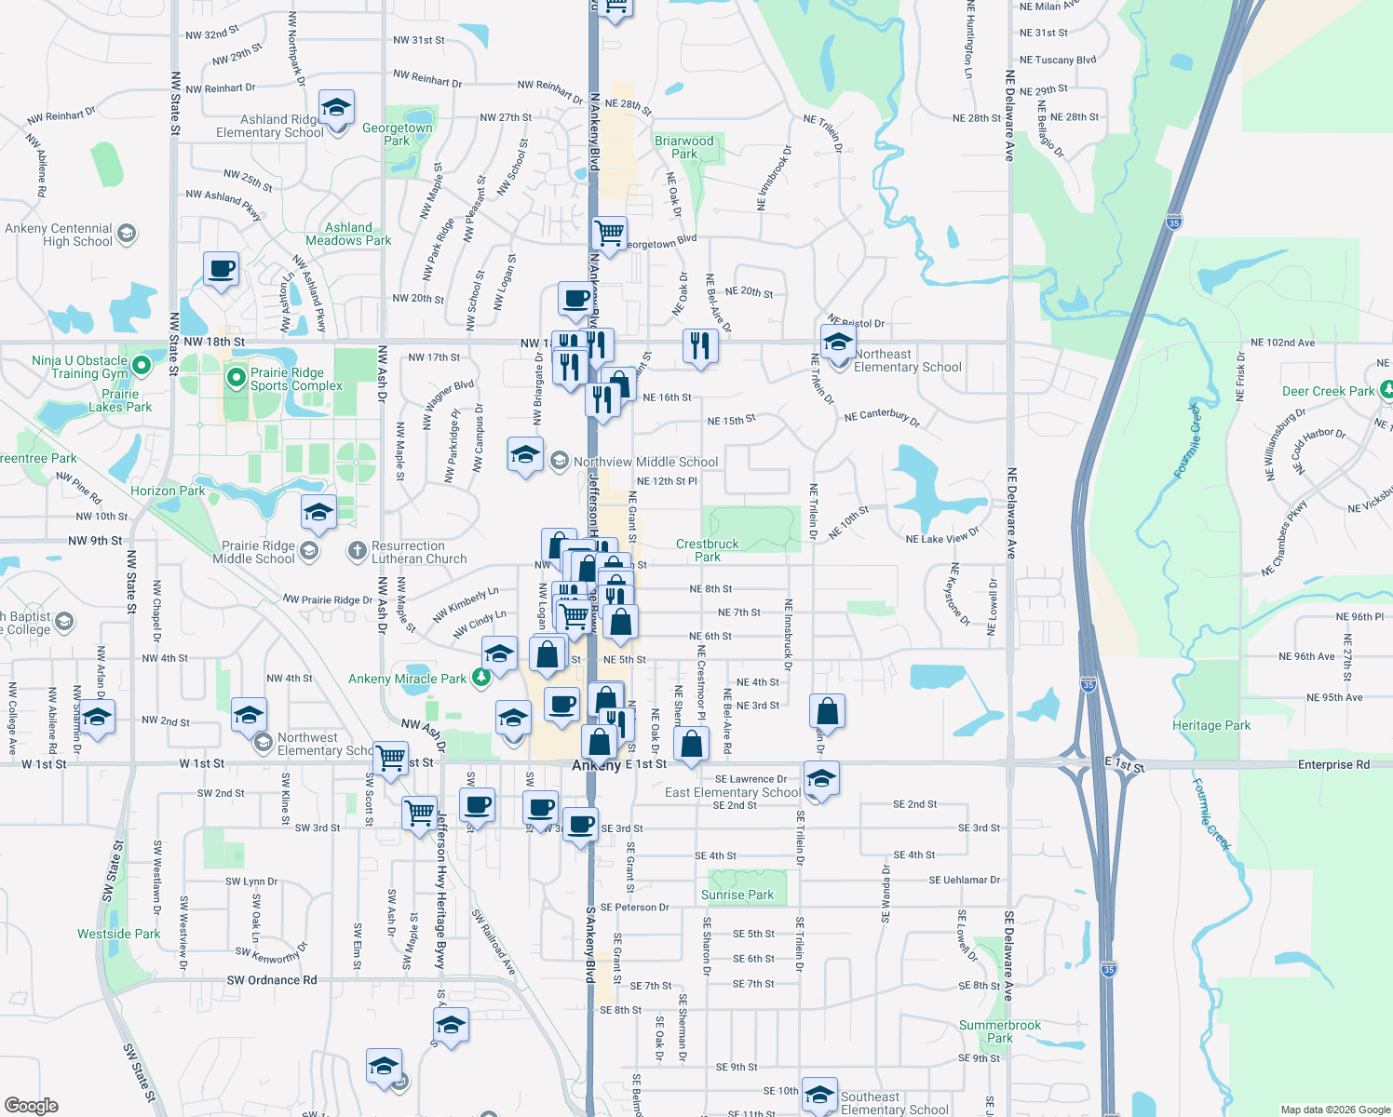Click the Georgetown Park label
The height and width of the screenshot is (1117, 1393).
coord(397,134)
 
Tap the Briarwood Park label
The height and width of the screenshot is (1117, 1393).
coord(683,147)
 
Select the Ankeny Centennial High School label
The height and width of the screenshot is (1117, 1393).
coord(59,235)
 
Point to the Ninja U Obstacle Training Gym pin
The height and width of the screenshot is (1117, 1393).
coord(141,365)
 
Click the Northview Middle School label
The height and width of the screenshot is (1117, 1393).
coord(645,462)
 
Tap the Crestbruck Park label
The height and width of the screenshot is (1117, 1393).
coord(707,550)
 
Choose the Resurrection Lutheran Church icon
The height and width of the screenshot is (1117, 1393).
coord(357,551)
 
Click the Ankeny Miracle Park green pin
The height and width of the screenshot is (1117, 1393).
coord(480,678)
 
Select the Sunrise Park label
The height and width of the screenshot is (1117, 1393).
coord(737,895)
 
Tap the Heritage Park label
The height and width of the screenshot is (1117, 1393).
coord(1210,725)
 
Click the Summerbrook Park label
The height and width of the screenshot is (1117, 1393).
coord(1000,1031)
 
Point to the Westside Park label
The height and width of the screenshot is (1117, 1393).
coord(118,934)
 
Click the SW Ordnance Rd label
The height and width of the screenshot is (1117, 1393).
coord(272,980)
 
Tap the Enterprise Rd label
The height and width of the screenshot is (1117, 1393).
coord(1333,765)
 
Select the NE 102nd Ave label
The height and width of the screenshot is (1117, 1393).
coord(1282,343)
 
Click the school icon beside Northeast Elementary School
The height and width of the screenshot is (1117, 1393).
coord(838,343)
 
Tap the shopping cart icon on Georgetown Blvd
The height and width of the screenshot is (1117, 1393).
coord(609,233)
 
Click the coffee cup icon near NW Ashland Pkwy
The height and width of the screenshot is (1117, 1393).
coord(221,270)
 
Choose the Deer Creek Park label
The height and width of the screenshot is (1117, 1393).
coord(1328,391)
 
